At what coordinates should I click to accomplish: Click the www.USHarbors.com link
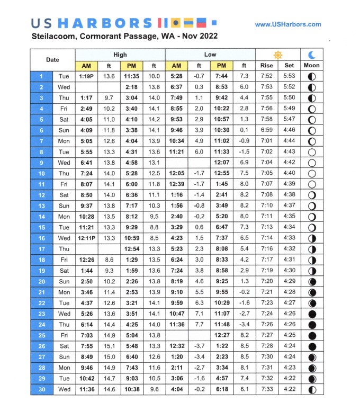point(287,24)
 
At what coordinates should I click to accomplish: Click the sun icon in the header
point(277,55)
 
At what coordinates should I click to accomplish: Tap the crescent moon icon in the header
point(312,55)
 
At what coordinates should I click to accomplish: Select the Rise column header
point(267,66)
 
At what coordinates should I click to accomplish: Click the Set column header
point(290,66)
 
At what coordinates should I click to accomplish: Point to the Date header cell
point(52,60)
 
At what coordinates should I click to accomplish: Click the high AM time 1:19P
point(86,76)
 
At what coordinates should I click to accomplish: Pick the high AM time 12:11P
point(86,238)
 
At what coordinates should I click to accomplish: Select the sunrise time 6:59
point(267,130)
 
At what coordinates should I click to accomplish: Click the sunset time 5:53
point(290,76)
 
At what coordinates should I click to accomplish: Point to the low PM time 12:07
point(222,163)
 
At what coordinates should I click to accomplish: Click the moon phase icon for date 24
point(312,325)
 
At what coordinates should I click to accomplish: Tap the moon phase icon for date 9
point(312,163)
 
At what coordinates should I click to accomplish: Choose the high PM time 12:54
point(131,249)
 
